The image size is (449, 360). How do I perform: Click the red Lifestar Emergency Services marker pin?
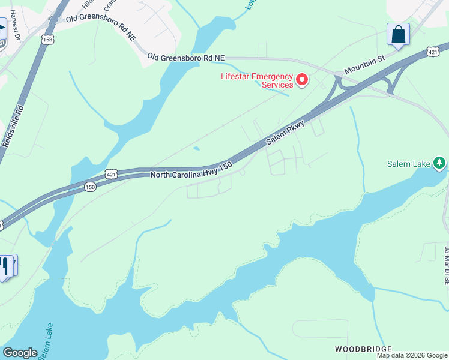pos(302,79)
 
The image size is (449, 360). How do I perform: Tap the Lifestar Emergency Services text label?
pos(257,80)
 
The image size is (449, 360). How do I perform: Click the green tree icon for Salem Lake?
pos(440,163)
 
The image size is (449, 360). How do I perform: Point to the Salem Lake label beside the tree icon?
pos(408,163)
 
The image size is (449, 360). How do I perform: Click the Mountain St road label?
pos(364,66)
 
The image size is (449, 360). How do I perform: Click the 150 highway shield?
pos(90,187)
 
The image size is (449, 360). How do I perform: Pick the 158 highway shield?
pos(47,39)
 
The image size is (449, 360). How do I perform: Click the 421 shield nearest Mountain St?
pos(432,52)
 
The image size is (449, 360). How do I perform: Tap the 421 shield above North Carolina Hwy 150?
pos(112,173)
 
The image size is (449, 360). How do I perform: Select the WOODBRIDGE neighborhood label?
pos(363,349)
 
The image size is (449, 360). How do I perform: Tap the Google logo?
pos(20,353)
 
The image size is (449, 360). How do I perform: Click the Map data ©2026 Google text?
pos(412,355)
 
